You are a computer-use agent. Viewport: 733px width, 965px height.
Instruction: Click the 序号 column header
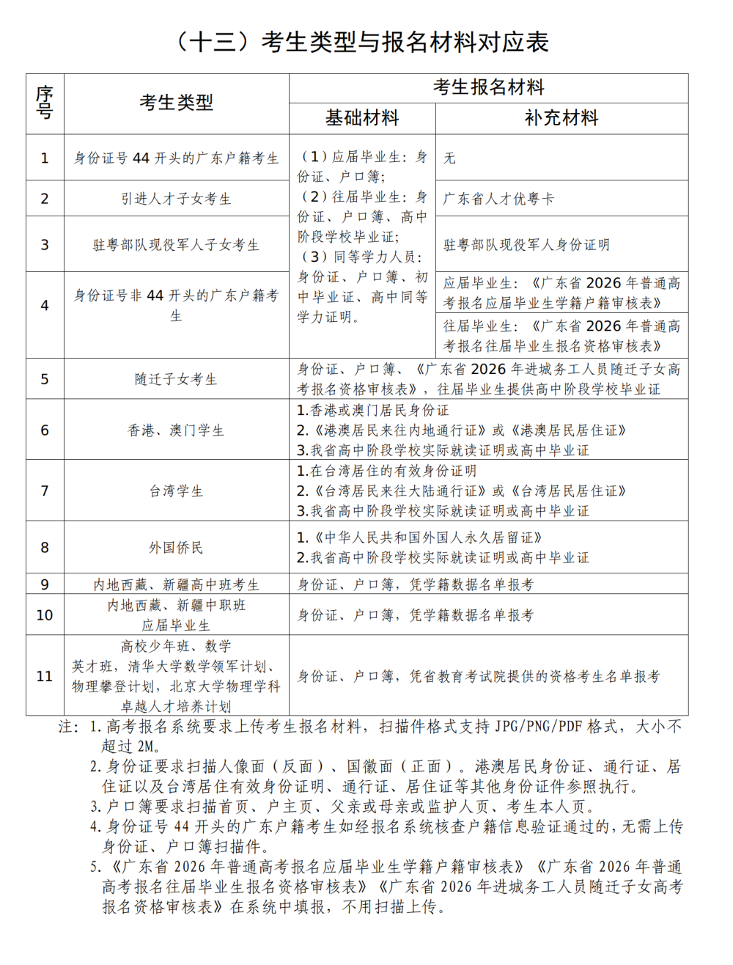coord(45,103)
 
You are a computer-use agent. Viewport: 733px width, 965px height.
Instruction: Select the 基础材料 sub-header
coord(362,118)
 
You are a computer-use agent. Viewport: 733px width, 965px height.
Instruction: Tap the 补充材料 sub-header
coord(561,118)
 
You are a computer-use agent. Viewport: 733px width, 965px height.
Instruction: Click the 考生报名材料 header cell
coord(488,88)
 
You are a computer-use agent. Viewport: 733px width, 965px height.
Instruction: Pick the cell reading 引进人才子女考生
coord(176,199)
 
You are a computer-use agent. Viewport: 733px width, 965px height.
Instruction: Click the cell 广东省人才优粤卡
coord(498,199)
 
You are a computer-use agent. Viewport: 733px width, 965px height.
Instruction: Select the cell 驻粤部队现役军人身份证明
coord(526,245)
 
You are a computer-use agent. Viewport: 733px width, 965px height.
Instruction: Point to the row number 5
coord(45,379)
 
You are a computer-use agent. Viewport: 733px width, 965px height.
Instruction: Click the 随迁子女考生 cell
coord(176,379)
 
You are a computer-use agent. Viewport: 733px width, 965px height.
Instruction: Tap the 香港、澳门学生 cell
coord(176,430)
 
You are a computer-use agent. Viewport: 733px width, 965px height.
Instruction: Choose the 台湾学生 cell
coord(176,491)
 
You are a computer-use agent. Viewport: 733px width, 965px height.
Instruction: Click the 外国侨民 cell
coord(176,547)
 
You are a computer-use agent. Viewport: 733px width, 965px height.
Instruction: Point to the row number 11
coord(45,676)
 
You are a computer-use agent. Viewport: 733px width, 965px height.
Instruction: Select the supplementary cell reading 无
coord(449,158)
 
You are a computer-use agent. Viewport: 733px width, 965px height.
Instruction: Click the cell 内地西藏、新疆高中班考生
coord(176,584)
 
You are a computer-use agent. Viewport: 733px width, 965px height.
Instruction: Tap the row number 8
coord(45,547)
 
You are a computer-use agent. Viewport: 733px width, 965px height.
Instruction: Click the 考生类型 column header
coord(176,103)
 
